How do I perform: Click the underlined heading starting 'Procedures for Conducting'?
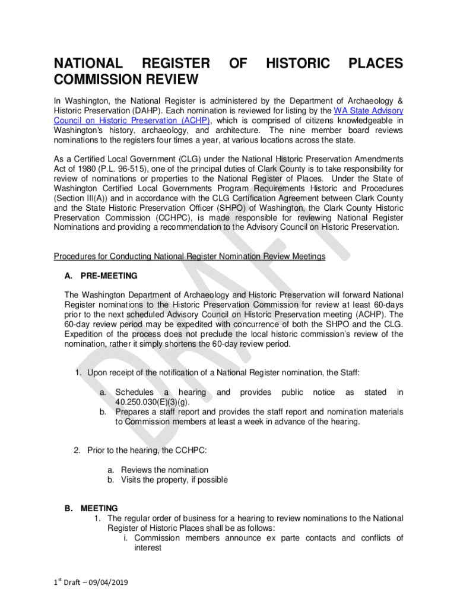(189, 256)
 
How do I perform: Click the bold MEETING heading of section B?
(99, 509)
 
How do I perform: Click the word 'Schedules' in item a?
(134, 392)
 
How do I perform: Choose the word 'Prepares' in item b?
(133, 411)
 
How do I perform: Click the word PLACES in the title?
(375, 64)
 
